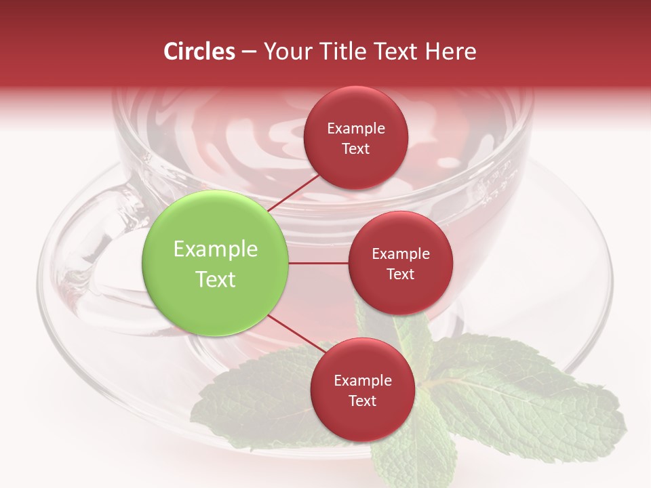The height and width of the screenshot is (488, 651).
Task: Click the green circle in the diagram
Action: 216,264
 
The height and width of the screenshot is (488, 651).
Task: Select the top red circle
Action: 355,138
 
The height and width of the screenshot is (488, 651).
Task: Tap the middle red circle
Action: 400,263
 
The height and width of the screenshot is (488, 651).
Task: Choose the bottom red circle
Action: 362,390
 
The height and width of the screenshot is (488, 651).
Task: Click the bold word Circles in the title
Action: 199,52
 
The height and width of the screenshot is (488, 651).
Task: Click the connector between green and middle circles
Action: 319,263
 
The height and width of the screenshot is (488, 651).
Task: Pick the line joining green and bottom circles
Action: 294,335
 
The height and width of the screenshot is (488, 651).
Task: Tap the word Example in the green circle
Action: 216,249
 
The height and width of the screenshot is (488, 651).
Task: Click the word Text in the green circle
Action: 216,279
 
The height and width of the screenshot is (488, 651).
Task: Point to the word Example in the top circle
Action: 356,128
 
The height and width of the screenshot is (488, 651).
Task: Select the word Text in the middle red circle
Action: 400,274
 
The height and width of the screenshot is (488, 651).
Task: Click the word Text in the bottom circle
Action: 362,401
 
